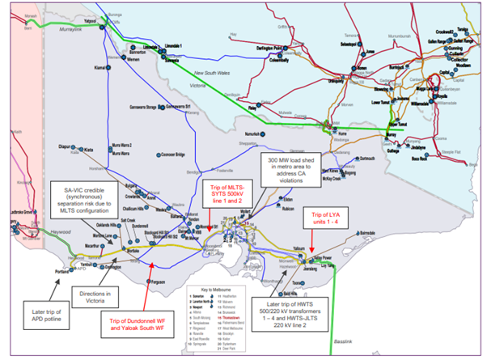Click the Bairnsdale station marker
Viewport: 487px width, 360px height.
click(358, 231)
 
